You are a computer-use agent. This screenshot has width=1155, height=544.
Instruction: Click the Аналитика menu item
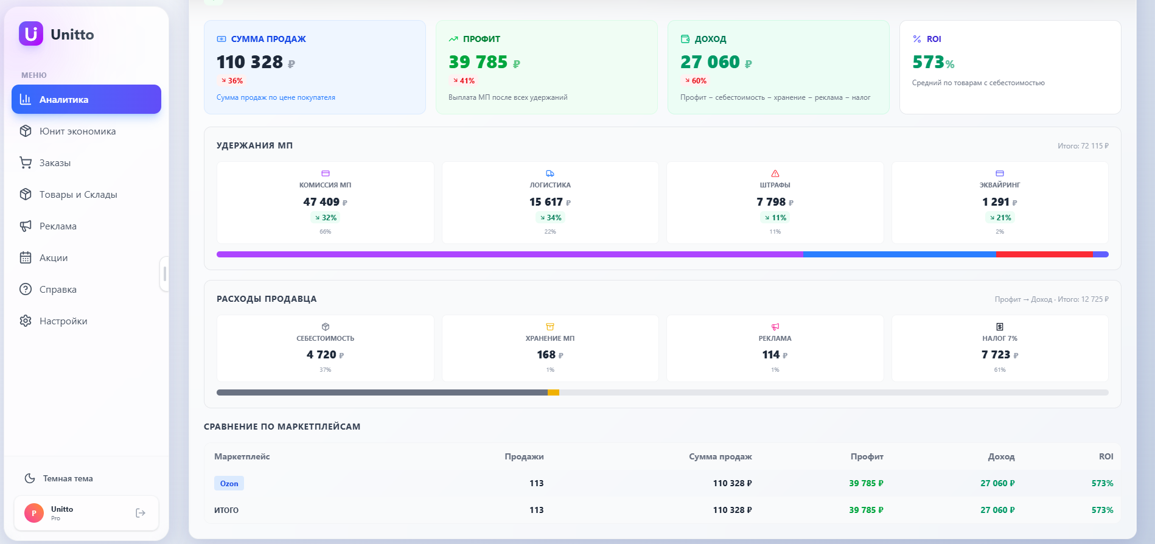(86, 99)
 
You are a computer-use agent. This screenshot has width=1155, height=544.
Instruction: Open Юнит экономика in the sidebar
(77, 131)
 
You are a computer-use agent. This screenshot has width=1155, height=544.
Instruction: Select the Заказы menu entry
(55, 163)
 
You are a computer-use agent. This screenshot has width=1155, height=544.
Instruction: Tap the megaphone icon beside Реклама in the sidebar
(26, 226)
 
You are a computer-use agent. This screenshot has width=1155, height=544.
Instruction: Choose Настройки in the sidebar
(63, 321)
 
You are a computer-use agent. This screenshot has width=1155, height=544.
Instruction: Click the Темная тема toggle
(68, 478)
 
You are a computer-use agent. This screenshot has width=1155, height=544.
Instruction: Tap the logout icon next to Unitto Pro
(141, 513)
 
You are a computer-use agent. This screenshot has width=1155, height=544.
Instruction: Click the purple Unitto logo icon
(31, 34)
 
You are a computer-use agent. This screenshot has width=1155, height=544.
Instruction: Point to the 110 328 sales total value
(250, 62)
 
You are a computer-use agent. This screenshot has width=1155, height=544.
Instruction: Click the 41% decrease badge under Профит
(464, 81)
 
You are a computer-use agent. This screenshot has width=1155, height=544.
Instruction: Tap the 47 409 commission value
(321, 202)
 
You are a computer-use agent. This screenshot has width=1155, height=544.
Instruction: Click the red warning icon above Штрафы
(775, 173)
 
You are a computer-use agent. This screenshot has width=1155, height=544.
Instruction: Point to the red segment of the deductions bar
(1044, 254)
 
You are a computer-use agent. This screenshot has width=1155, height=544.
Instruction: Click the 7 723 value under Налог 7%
(996, 355)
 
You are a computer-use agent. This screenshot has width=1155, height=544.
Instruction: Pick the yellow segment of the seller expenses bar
(553, 392)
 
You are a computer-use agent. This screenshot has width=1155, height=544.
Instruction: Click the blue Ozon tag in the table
(229, 484)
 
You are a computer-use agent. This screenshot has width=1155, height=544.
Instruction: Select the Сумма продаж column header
(720, 456)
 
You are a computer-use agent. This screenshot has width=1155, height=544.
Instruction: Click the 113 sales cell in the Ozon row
(536, 483)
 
